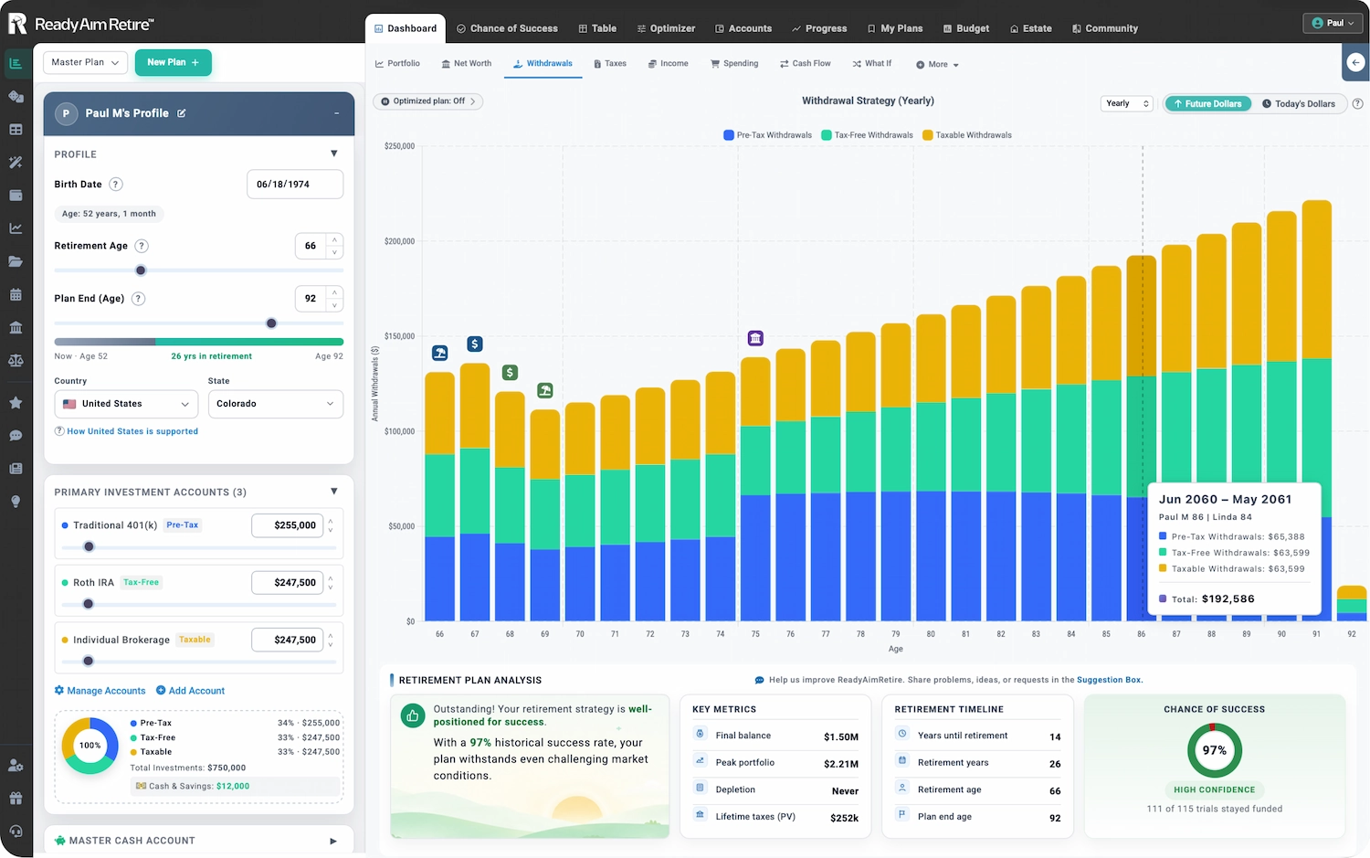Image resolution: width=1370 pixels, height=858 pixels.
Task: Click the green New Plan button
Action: [x=174, y=62]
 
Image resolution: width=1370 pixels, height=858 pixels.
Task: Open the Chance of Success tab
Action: [x=507, y=28]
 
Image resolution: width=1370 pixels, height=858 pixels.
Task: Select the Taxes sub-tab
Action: [x=610, y=64]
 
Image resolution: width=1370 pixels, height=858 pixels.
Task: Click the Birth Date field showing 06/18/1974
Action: [x=295, y=185]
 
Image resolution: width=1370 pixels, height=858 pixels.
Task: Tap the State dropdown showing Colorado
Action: [x=275, y=404]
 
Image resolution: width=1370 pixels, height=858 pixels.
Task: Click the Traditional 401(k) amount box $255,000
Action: [x=288, y=525]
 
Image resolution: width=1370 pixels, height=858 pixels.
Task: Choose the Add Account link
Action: [x=190, y=690]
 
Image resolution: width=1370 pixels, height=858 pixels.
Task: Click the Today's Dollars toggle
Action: [x=1299, y=103]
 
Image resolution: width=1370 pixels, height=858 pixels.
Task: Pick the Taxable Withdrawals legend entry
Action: [x=967, y=135]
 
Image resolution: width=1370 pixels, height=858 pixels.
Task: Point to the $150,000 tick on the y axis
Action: [x=399, y=336]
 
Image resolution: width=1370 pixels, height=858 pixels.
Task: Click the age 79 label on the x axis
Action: [x=895, y=634]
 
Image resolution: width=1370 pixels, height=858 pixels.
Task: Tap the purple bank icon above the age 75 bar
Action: [x=755, y=338]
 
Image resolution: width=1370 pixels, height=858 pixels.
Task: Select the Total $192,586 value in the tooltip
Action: [x=1228, y=598]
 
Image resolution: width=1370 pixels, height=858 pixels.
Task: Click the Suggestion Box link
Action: [x=1109, y=679]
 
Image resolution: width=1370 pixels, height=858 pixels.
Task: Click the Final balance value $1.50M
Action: [x=841, y=736]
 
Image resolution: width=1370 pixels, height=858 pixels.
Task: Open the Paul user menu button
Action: [x=1332, y=23]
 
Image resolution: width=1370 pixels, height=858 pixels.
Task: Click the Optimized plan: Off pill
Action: [x=427, y=101]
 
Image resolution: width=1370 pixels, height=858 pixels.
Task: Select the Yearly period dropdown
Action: [x=1126, y=103]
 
